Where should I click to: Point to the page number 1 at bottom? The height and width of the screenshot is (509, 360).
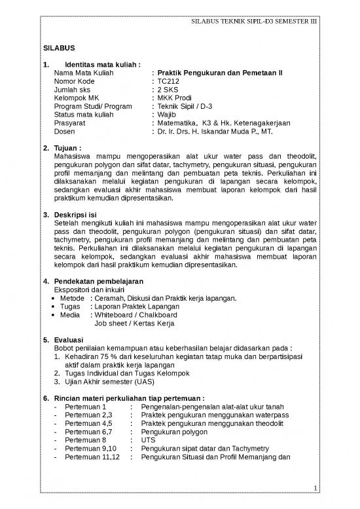[x=315, y=487]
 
